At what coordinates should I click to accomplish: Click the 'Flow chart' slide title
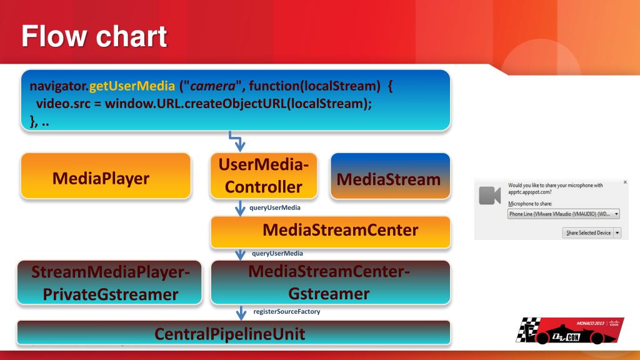tap(94, 36)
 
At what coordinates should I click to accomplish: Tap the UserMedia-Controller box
tap(263, 176)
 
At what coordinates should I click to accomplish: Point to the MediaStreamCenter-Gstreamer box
tap(330, 282)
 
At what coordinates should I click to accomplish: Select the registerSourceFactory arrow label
tap(286, 311)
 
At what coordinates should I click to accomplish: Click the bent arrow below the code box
tap(237, 141)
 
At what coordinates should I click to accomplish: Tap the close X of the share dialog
tap(625, 182)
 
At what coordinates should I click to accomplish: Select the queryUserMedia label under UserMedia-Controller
tap(275, 207)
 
